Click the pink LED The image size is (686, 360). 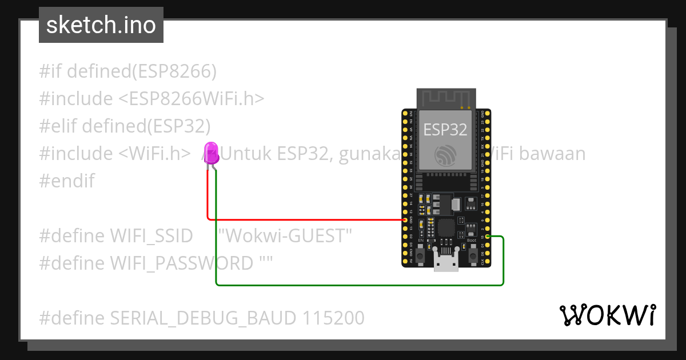[212, 153]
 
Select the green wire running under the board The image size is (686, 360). [354, 285]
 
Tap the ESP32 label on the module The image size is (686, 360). [445, 129]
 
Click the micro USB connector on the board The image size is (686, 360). [446, 264]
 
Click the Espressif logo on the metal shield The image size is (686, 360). [445, 155]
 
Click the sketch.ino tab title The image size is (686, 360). [101, 25]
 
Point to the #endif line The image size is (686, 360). [67, 181]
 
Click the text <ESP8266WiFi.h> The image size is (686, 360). [192, 99]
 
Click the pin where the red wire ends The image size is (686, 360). [405, 219]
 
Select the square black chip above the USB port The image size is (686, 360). [447, 229]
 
